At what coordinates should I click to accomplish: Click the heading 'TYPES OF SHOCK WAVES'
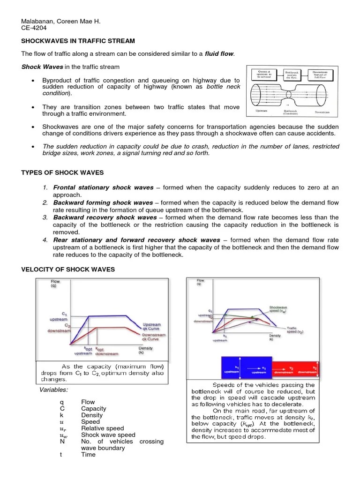[x=62, y=172]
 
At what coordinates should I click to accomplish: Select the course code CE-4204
[x=35, y=28]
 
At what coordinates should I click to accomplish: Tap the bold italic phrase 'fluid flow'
[x=219, y=54]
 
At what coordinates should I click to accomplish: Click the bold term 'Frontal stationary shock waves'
[x=103, y=187]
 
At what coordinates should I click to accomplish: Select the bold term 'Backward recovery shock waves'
[x=105, y=217]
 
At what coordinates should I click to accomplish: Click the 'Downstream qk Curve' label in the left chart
[x=153, y=337]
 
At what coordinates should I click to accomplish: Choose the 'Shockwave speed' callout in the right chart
[x=278, y=310]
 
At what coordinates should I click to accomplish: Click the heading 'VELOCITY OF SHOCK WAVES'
[x=68, y=269]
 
